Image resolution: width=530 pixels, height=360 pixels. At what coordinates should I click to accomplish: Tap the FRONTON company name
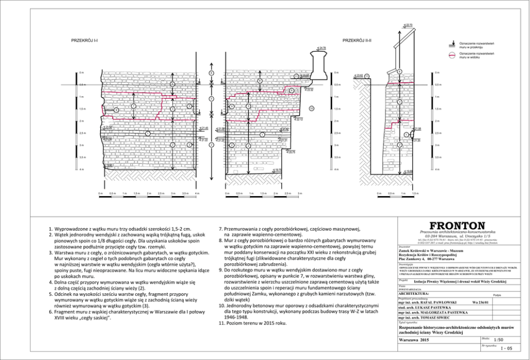point(458,226)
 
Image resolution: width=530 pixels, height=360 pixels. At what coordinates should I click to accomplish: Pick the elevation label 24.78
point(322,49)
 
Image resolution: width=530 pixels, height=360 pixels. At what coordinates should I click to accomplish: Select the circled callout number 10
point(311,108)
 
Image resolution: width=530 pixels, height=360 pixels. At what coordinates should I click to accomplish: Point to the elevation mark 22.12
point(299,119)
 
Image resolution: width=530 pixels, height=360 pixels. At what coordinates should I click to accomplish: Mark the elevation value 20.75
point(291,152)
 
